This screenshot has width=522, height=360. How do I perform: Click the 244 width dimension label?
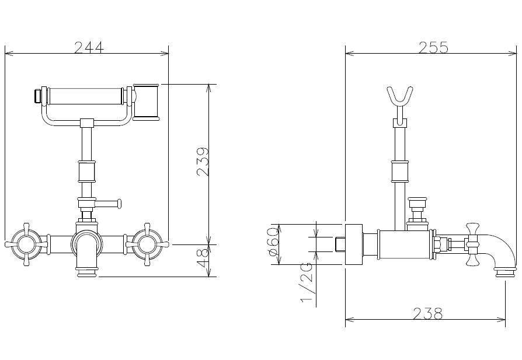click(89, 47)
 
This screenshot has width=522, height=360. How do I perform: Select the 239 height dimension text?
click(203, 162)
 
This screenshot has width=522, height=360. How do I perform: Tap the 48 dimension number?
click(203, 258)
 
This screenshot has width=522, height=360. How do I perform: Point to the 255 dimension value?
click(433, 47)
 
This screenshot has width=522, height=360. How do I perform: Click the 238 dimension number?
click(428, 313)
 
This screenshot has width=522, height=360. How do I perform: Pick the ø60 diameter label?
click(272, 242)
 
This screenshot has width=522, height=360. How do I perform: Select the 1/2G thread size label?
click(307, 282)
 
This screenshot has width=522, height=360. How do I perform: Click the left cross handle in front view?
click(25, 244)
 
